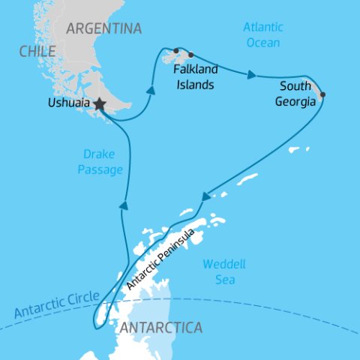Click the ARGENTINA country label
pos(104,29)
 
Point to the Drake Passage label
pos(100,162)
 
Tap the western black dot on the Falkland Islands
pos(176,51)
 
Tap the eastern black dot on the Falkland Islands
pos(190,55)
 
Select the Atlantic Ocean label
pos(263,35)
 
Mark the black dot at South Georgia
pos(322,95)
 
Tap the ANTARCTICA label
pos(160,328)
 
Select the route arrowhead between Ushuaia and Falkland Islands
pos(151,90)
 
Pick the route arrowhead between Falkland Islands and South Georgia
pos(253,75)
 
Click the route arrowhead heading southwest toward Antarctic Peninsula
pos(205,197)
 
